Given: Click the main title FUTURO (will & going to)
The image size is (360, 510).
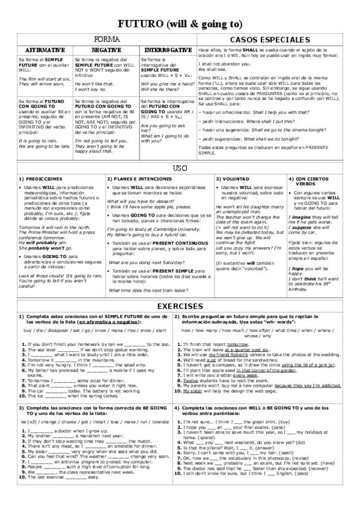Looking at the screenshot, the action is coord(180,23).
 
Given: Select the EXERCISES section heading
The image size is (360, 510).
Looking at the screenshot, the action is coord(180,306).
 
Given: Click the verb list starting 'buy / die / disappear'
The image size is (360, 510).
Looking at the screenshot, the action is coord(93,330).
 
